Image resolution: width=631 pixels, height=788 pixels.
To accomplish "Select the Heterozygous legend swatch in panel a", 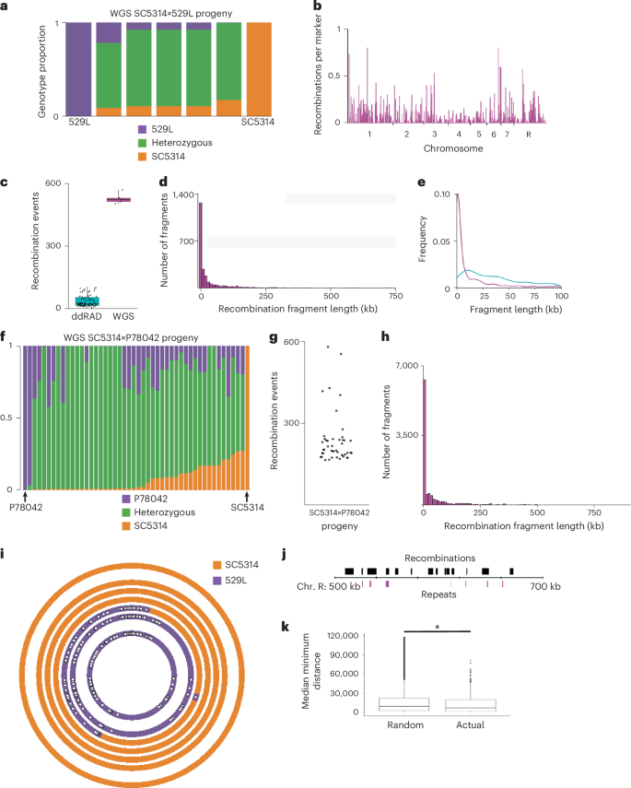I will (x=143, y=145).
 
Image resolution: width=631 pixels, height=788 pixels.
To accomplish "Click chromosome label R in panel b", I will (x=528, y=135).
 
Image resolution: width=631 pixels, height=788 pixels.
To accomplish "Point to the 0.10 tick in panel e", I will (x=440, y=195).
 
